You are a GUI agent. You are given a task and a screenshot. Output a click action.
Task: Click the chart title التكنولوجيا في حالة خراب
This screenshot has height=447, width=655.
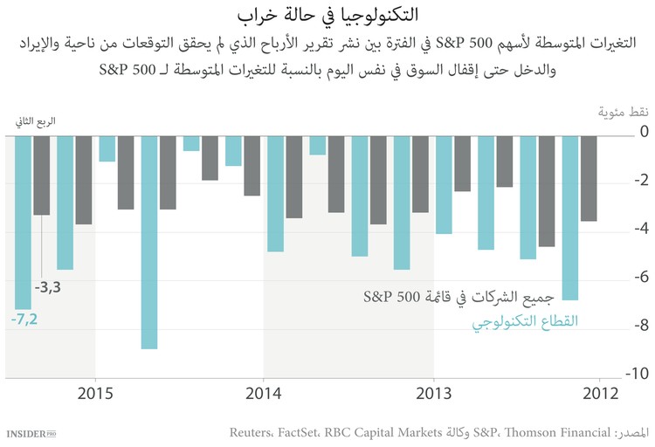tap(327, 15)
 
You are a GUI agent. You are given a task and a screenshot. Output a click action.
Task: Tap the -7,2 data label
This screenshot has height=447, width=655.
tap(25, 320)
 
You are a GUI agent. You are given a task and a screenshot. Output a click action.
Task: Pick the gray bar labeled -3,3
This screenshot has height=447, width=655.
tap(41, 175)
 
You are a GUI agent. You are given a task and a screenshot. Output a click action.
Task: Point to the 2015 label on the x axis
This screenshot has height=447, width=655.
tap(94, 393)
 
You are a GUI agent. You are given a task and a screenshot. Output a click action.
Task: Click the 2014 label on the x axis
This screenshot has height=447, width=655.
tap(264, 393)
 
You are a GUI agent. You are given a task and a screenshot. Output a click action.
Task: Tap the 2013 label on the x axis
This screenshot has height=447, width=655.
tap(433, 393)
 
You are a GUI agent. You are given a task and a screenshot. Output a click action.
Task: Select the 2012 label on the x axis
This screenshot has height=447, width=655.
tap(602, 393)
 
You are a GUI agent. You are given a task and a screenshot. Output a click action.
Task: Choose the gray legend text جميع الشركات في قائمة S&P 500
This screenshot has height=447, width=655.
tap(472, 297)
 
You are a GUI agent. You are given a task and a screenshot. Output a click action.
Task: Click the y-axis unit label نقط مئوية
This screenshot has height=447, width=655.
tap(623, 113)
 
